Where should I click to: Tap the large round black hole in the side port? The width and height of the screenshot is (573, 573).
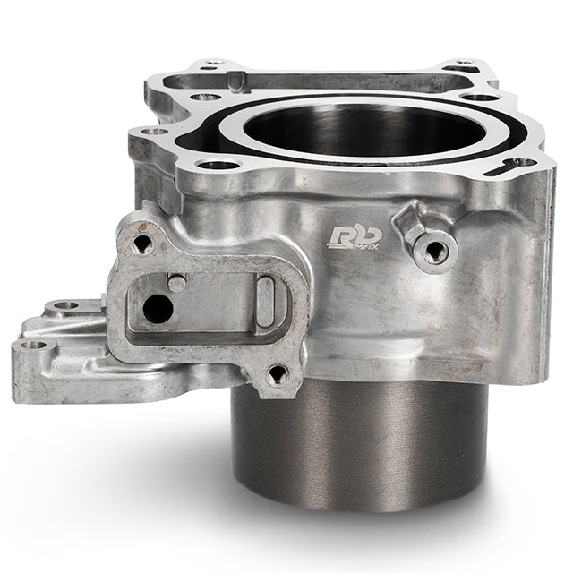158,310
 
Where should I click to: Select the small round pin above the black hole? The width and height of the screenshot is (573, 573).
177,283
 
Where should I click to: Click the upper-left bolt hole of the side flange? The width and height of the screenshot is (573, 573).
141,243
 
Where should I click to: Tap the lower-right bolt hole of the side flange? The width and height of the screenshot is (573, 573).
278,372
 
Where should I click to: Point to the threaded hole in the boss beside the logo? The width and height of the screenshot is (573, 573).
436,252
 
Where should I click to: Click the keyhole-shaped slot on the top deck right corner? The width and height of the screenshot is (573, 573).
519,165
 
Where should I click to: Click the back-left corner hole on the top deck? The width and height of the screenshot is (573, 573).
212,64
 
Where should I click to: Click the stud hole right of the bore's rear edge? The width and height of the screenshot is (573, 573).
481,96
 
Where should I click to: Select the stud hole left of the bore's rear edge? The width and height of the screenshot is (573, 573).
207,96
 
